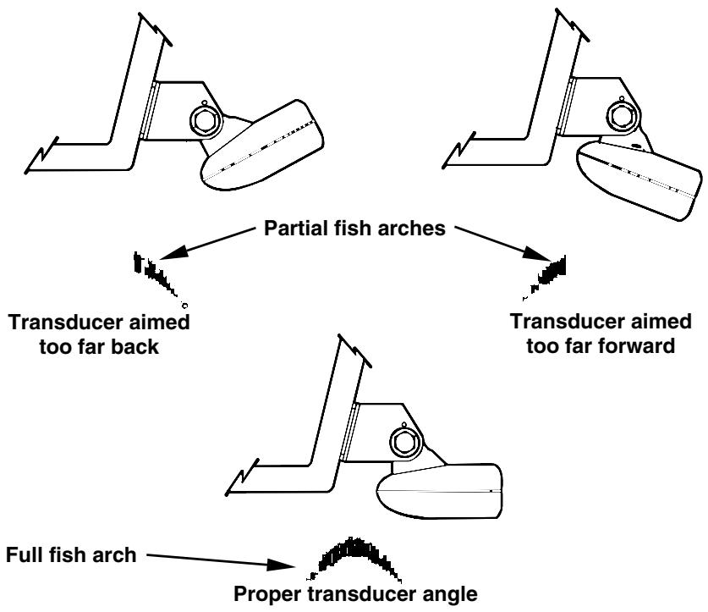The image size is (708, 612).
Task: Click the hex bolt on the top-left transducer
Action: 206,119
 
